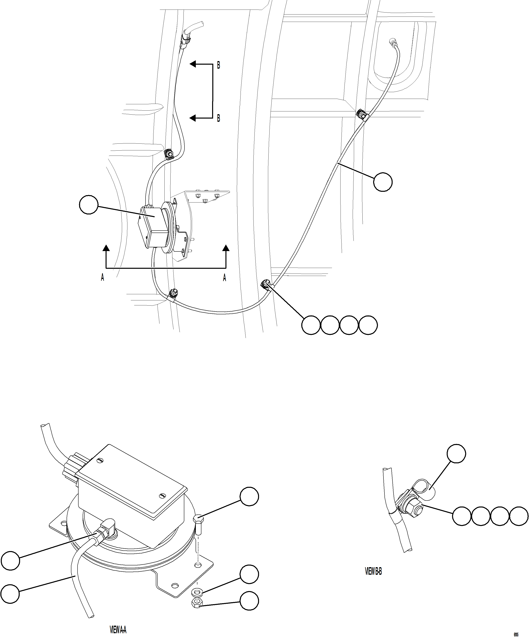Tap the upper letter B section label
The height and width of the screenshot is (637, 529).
218,65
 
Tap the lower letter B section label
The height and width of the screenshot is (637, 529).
218,119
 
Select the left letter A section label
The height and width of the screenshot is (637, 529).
102,278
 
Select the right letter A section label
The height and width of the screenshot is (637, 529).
225,278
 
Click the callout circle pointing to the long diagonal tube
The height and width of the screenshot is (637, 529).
382,182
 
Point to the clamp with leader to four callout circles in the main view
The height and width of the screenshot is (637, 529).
266,285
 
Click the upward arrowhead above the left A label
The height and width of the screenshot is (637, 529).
106,249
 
